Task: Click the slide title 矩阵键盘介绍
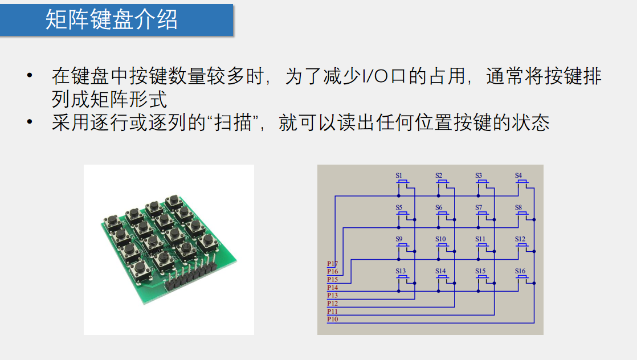(x=112, y=19)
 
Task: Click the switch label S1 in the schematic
(x=399, y=175)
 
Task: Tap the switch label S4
(x=518, y=175)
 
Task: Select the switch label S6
(x=439, y=207)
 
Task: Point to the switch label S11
(x=480, y=239)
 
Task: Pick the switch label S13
(x=401, y=271)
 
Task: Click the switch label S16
(x=520, y=271)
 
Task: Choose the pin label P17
(x=332, y=264)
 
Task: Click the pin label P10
(x=332, y=320)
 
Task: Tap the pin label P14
(x=332, y=288)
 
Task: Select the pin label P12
(x=332, y=304)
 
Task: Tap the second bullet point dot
(x=29, y=123)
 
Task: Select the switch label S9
(x=399, y=239)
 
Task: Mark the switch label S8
(x=518, y=207)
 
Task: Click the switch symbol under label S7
(x=483, y=214)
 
